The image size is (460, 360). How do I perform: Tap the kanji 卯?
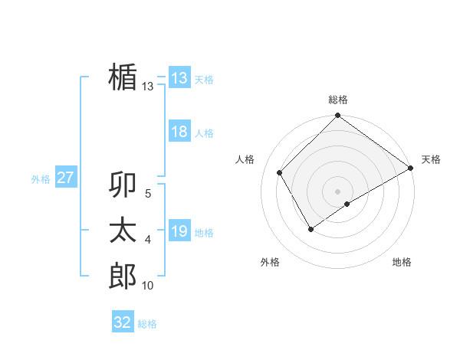(x=123, y=185)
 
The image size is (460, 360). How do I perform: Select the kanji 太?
(x=123, y=231)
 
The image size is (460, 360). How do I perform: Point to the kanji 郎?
(x=123, y=277)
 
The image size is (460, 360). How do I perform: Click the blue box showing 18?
(x=179, y=132)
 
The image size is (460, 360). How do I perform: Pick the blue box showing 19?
(x=179, y=231)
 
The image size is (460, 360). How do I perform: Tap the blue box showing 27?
(x=65, y=178)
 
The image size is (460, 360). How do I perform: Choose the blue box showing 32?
(x=123, y=322)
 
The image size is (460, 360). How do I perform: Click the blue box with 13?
(x=179, y=78)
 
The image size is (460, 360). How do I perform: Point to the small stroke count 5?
(x=147, y=194)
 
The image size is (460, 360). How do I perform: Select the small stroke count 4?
(x=147, y=240)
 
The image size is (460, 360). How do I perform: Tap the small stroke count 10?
(x=147, y=286)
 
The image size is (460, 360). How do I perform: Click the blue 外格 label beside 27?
(x=41, y=179)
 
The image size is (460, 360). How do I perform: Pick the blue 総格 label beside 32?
(x=147, y=324)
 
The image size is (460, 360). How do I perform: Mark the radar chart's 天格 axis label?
(x=431, y=159)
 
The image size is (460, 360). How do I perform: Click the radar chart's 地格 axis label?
(x=402, y=262)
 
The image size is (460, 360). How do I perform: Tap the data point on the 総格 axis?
(x=337, y=116)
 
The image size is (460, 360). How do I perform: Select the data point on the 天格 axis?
(x=410, y=168)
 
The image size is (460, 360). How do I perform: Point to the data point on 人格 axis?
(x=280, y=172)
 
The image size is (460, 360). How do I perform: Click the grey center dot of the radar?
(x=337, y=191)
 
